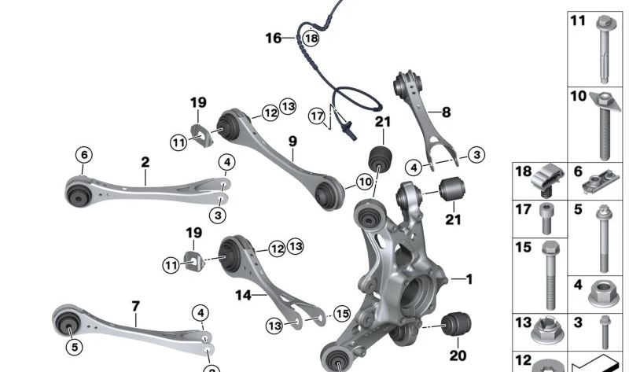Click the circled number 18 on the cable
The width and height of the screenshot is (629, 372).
point(311,38)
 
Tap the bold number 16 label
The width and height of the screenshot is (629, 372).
point(274,38)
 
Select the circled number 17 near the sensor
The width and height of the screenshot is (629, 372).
point(317,116)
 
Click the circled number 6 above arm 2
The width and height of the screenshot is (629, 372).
point(84,154)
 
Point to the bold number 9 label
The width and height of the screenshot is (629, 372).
point(292,142)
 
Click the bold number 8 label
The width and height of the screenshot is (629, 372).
point(446,112)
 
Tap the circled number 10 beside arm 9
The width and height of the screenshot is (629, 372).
point(365,182)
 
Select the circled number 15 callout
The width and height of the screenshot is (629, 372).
point(342,314)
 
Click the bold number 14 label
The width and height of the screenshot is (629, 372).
point(243,296)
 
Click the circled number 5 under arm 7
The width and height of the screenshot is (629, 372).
point(75,346)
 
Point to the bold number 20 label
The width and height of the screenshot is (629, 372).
point(458,355)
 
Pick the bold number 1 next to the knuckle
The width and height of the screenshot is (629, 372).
point(469,279)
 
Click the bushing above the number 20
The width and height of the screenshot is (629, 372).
point(457,323)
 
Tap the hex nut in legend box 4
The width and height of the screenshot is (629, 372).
point(604,294)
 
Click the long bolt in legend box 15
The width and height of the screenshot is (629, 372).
point(550,275)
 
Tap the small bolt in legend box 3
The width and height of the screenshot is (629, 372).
point(605,332)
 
